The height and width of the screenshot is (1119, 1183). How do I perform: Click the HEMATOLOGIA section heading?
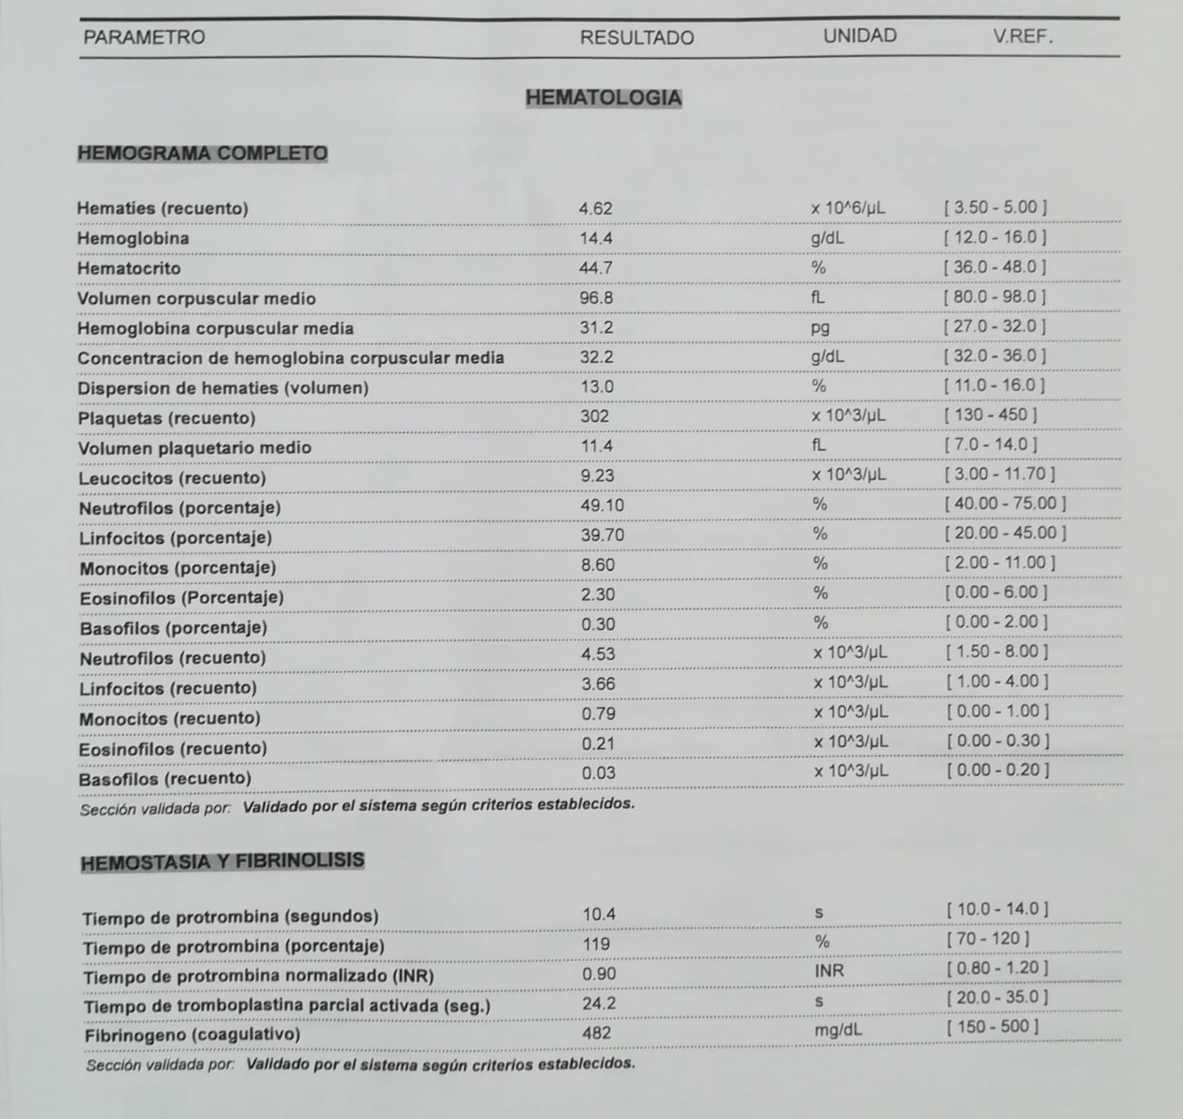(x=603, y=98)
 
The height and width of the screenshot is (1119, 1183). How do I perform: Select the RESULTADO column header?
(x=636, y=38)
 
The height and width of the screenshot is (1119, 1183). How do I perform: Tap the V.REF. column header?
(x=1023, y=37)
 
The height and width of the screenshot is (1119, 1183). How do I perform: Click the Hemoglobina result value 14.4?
(x=596, y=239)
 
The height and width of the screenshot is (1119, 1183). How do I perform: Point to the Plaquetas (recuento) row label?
(x=167, y=418)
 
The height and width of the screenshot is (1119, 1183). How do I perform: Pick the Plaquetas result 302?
(x=595, y=417)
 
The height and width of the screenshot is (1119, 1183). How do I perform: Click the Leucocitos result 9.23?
(x=597, y=476)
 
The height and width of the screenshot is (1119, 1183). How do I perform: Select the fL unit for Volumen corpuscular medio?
(x=818, y=298)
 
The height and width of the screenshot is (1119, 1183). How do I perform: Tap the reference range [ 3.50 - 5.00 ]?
(x=995, y=207)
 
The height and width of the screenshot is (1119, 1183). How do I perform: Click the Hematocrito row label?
(x=129, y=269)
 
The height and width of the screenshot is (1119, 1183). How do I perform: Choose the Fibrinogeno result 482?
(x=596, y=1033)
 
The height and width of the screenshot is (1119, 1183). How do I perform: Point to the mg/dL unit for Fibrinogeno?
(x=837, y=1031)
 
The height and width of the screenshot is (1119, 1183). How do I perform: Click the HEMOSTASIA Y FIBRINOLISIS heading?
(x=222, y=862)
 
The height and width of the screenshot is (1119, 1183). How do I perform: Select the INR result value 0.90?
(x=599, y=974)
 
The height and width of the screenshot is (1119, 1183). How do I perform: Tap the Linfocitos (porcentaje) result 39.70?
(x=602, y=535)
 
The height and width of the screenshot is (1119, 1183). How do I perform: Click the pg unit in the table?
(x=819, y=328)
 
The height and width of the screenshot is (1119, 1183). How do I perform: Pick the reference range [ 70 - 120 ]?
(x=988, y=939)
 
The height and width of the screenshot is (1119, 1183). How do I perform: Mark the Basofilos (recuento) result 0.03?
(x=599, y=773)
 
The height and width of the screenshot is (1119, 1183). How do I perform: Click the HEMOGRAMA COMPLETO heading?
(x=202, y=154)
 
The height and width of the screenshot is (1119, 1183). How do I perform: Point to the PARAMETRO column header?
(x=144, y=38)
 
